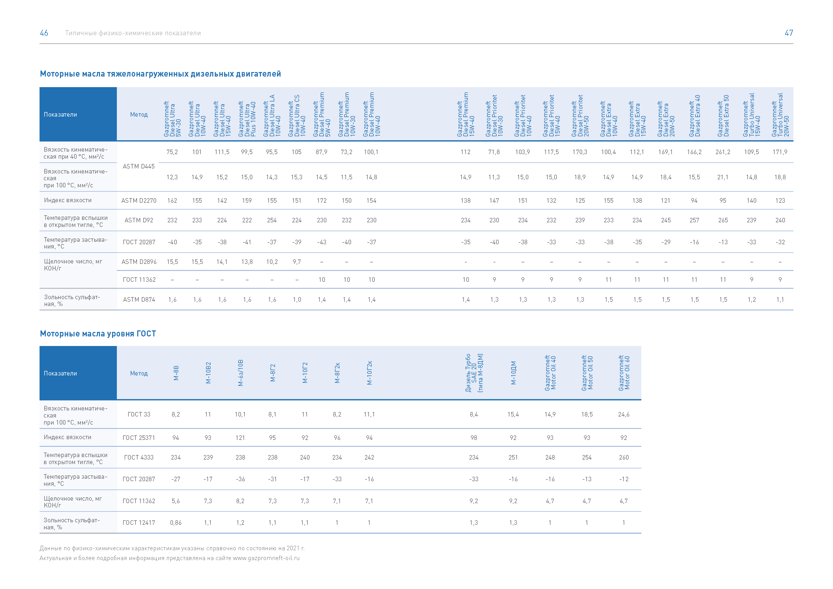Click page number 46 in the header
point(44,33)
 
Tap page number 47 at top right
point(789,33)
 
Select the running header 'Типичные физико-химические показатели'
point(133,33)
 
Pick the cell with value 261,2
point(723,152)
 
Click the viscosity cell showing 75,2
point(172,152)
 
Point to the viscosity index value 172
point(322,201)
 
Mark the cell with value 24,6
point(624,414)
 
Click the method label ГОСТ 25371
point(138,438)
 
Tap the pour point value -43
point(322,242)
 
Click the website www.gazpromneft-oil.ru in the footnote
point(266,558)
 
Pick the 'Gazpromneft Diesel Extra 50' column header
point(723,115)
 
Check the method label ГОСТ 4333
point(138,457)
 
